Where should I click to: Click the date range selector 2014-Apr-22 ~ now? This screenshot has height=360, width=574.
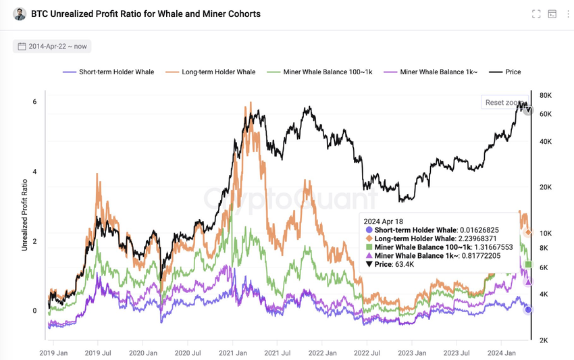click(52, 47)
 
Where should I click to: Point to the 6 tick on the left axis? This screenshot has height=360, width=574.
click(34, 102)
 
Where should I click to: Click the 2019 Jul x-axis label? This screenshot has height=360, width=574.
click(98, 353)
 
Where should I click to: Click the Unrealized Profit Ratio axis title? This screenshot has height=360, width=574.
click(24, 215)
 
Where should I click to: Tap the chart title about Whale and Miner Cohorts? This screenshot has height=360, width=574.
click(145, 14)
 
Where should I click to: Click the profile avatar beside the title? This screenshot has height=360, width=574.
click(20, 14)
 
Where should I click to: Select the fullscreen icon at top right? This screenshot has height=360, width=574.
click(536, 14)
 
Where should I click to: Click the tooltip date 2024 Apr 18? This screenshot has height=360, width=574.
click(384, 221)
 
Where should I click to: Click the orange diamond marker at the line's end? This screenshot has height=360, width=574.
click(528, 232)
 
